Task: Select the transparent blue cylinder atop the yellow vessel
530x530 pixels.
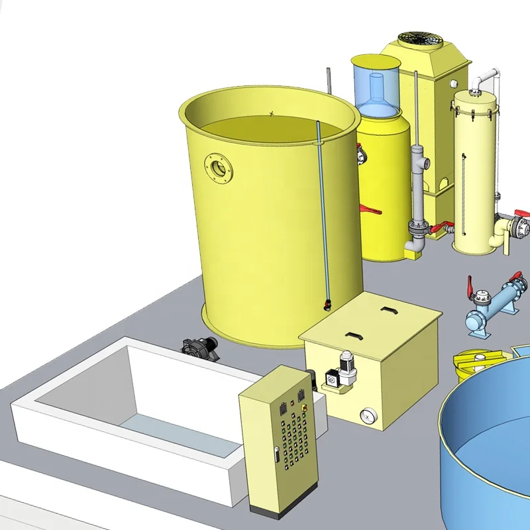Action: click(x=376, y=83)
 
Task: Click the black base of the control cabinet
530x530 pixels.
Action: click(x=278, y=513)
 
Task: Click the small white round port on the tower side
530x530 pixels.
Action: click(x=454, y=84)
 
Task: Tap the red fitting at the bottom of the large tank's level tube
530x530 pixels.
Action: click(x=326, y=305)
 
